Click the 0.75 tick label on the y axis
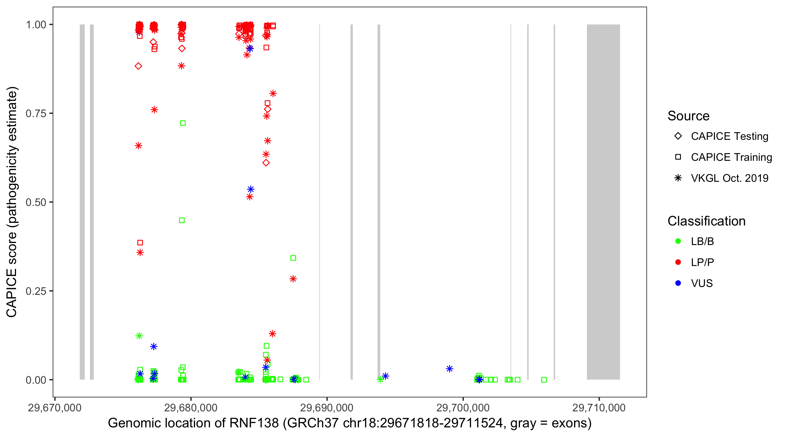[36, 113]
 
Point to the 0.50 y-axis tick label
[36, 202]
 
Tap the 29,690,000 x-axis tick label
[327, 408]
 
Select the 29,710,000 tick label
[599, 408]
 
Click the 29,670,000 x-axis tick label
[55, 408]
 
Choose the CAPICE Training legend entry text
[731, 157]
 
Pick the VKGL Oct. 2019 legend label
[730, 178]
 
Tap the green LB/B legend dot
[678, 241]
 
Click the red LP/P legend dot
[678, 262]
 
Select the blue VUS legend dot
[678, 283]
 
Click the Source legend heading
[688, 116]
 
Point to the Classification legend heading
[706, 221]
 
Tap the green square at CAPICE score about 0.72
[183, 123]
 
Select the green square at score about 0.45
[182, 220]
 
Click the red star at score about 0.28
[293, 279]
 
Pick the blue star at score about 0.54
[251, 189]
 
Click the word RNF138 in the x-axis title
[254, 423]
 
